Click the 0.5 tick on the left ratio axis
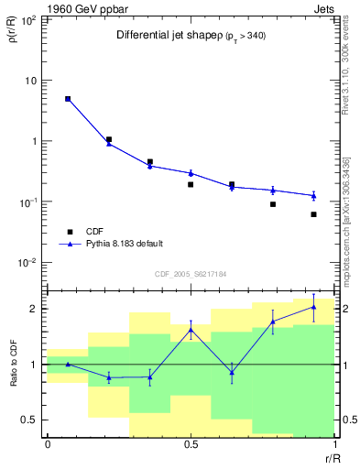click(32, 420)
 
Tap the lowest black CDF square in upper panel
click(313, 214)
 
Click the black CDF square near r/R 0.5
click(191, 184)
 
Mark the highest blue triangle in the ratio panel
click(313, 307)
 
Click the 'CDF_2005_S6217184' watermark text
click(191, 273)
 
